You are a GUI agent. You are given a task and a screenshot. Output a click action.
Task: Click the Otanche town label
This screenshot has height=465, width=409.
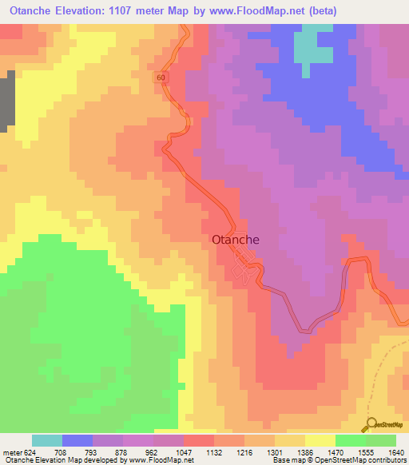click(236, 238)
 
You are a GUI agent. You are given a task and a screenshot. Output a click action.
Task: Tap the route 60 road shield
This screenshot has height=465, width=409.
click(161, 77)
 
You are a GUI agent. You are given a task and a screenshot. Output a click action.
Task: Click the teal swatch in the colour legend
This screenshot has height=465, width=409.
click(47, 440)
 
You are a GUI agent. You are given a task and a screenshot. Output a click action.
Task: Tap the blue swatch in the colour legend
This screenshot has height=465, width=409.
click(77, 440)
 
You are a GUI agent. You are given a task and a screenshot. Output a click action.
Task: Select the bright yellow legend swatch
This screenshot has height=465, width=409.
click(320, 440)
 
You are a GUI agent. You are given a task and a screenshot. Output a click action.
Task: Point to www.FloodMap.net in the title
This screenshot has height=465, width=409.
click(248, 11)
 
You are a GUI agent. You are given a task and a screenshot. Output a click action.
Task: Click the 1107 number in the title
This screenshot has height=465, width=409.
click(137, 11)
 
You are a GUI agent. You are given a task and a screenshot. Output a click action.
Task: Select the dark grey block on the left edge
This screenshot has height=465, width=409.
click(7, 100)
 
